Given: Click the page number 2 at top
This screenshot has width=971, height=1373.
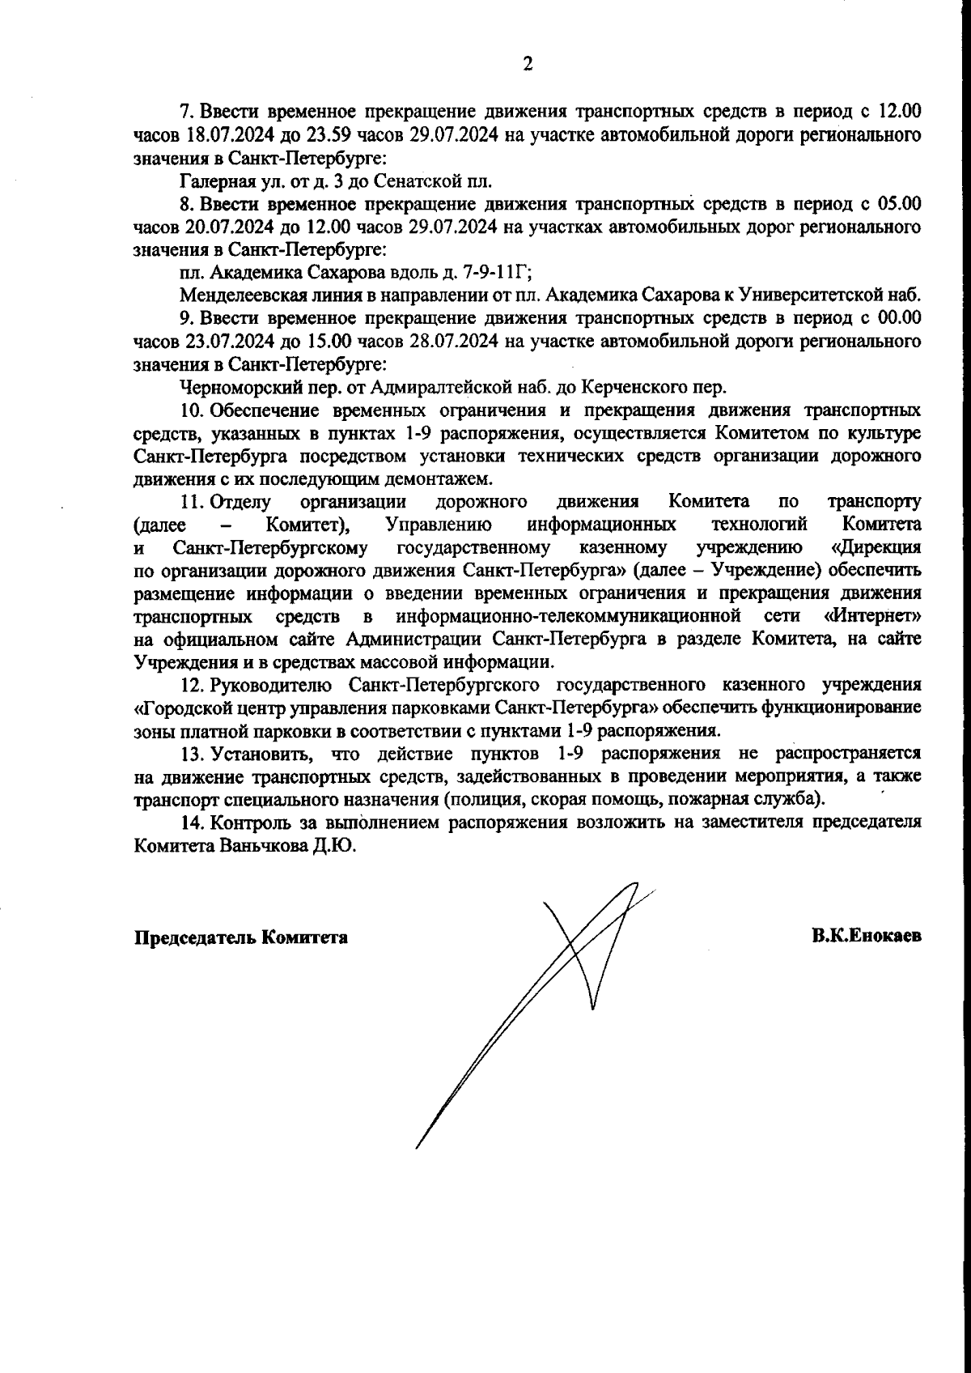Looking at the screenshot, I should click(528, 65).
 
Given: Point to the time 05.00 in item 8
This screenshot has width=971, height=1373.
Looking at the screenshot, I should click(900, 202).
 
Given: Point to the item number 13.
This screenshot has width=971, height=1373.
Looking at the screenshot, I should click(191, 754).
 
